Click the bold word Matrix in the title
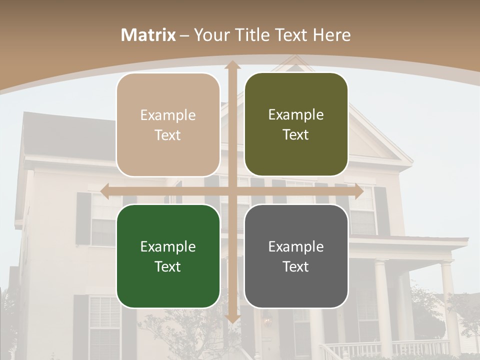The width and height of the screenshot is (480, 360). tap(148, 35)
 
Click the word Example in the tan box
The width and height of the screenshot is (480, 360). tap(168, 115)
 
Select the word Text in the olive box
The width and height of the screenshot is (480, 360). tap(296, 135)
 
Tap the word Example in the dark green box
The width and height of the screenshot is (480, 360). tap(168, 247)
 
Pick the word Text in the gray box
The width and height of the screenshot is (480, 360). tap(296, 266)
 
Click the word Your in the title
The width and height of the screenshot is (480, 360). tap(210, 35)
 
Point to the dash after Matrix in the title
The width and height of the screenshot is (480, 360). tap(184, 35)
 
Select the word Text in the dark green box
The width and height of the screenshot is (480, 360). tap(168, 266)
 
